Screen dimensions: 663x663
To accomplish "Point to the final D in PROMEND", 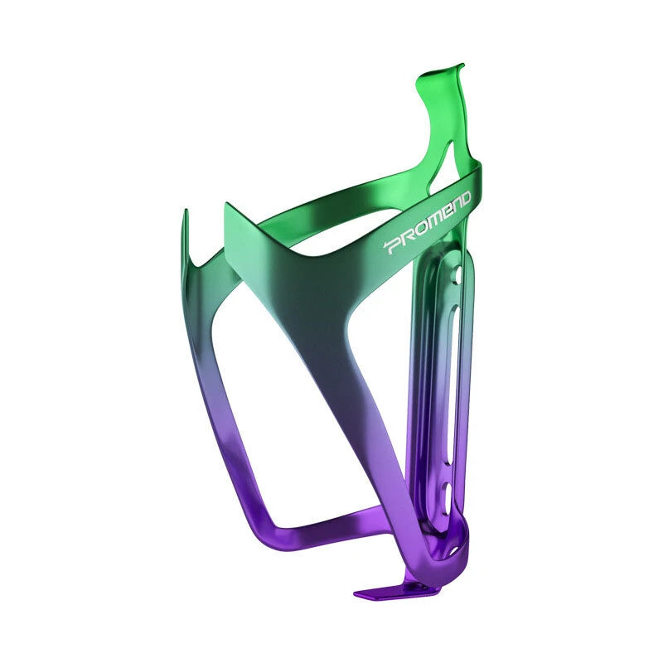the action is (464, 199).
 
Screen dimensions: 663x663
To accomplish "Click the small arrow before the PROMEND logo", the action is (385, 244).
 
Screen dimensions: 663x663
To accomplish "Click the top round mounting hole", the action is (457, 273).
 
